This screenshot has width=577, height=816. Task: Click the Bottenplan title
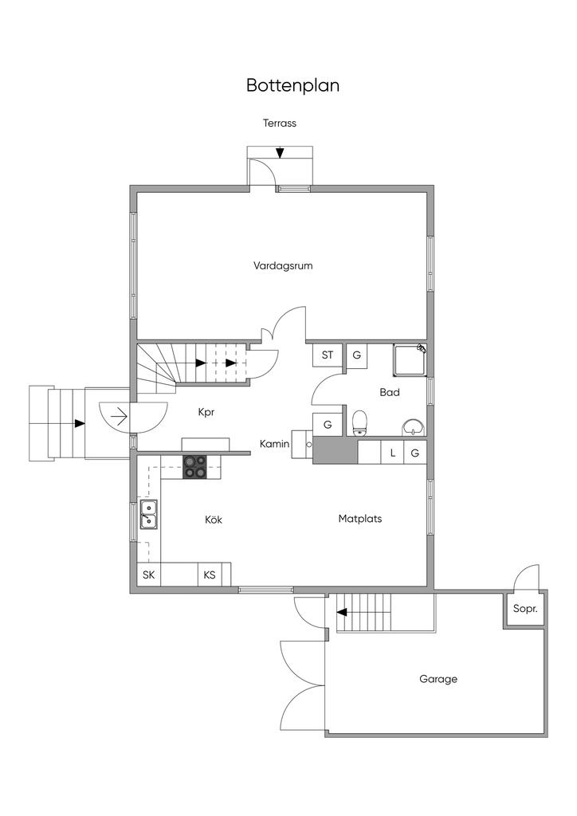click(292, 85)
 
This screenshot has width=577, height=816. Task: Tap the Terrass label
click(280, 124)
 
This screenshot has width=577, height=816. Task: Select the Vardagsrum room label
click(283, 266)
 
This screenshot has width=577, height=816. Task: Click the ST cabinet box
click(328, 355)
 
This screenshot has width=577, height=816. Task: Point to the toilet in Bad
click(359, 422)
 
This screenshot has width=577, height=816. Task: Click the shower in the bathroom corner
click(410, 359)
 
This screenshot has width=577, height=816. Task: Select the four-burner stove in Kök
click(195, 466)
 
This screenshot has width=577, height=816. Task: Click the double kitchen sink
click(148, 514)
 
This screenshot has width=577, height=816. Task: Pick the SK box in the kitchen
click(148, 575)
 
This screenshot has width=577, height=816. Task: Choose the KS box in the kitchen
click(210, 575)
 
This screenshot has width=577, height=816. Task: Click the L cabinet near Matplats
click(392, 453)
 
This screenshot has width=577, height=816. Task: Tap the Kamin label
click(274, 444)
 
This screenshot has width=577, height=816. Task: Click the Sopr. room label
click(525, 609)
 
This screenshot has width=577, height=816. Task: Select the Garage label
click(438, 680)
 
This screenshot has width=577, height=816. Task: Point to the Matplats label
click(360, 519)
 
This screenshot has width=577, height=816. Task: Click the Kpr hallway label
click(207, 413)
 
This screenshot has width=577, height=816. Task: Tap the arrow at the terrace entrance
click(279, 153)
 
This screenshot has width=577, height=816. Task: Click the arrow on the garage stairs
click(342, 613)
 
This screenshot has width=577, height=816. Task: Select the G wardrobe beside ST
click(357, 355)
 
